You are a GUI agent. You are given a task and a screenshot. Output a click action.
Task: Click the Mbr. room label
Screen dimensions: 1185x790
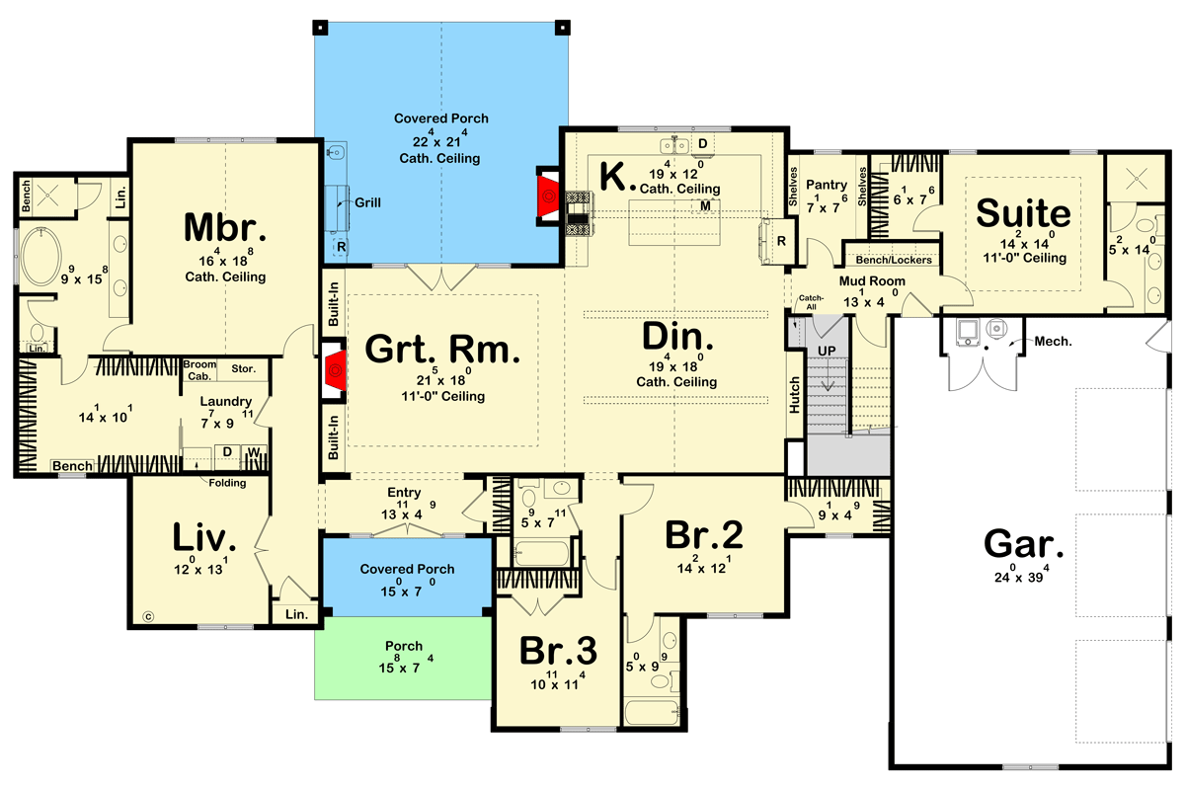coord(225,227)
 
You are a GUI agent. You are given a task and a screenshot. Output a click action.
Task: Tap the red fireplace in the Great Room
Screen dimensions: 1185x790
coord(335,370)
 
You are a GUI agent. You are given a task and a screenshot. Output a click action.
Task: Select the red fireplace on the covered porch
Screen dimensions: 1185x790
coord(548,197)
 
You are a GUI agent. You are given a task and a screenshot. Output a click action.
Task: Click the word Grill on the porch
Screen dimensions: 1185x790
coord(367,202)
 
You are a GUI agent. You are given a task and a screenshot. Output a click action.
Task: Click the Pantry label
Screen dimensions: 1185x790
coord(827,186)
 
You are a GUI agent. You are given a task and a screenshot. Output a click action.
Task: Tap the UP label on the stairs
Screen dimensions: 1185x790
coord(827,351)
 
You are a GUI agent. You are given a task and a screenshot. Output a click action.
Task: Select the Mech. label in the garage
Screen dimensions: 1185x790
coord(1053,342)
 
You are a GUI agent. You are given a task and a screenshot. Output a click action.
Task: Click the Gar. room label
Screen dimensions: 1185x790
coord(1024,544)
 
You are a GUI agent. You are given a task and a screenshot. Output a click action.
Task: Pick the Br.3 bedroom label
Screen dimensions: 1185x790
coord(558,651)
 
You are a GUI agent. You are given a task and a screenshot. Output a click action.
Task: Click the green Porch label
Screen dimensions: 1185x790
coord(404,646)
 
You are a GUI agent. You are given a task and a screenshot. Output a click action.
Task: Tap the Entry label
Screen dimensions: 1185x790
coord(404,493)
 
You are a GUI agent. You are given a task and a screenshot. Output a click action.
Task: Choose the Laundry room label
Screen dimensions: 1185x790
coord(225,402)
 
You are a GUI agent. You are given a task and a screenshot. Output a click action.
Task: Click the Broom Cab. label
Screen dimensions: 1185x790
coord(199,370)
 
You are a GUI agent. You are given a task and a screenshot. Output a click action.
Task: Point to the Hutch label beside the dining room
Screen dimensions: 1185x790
coord(795,395)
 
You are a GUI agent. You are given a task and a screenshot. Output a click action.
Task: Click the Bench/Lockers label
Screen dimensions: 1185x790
coord(894,260)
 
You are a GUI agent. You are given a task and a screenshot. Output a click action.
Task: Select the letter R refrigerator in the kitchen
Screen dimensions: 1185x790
coord(781,241)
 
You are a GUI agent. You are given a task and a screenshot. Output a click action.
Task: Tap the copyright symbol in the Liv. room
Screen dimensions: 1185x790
coord(148,616)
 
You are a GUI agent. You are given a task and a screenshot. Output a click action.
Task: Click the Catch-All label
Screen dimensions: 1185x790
coord(811,302)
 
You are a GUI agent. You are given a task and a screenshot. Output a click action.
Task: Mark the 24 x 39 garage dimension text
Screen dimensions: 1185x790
coord(1021,575)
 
